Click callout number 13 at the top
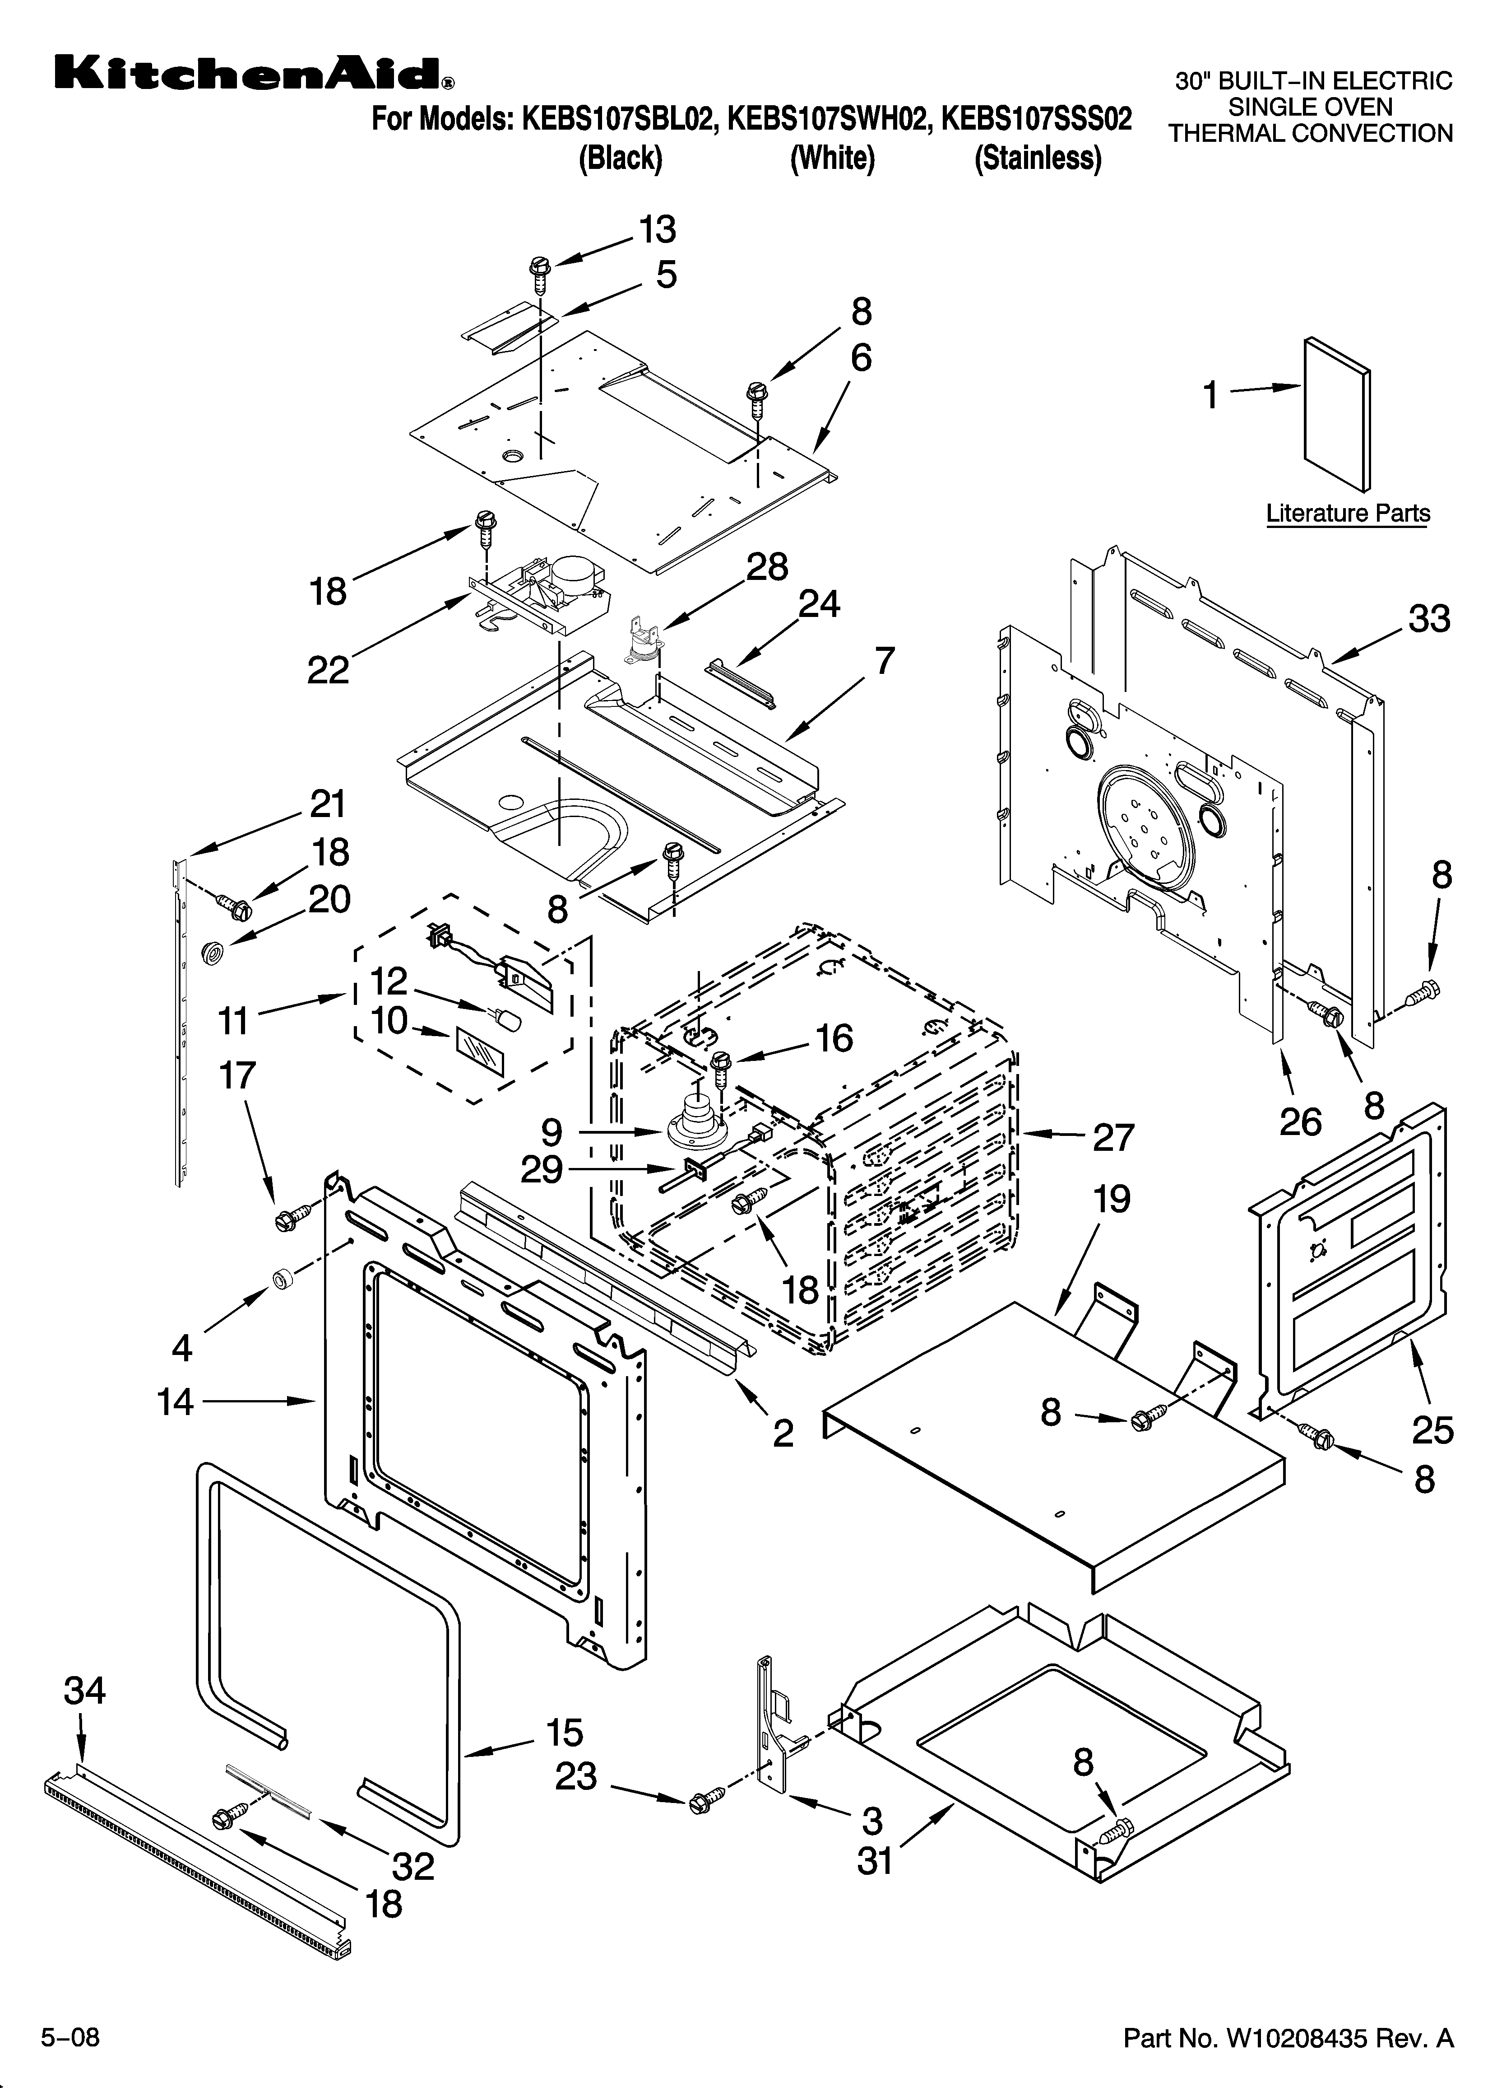point(657,229)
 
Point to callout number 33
point(1429,619)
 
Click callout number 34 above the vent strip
point(85,1691)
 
